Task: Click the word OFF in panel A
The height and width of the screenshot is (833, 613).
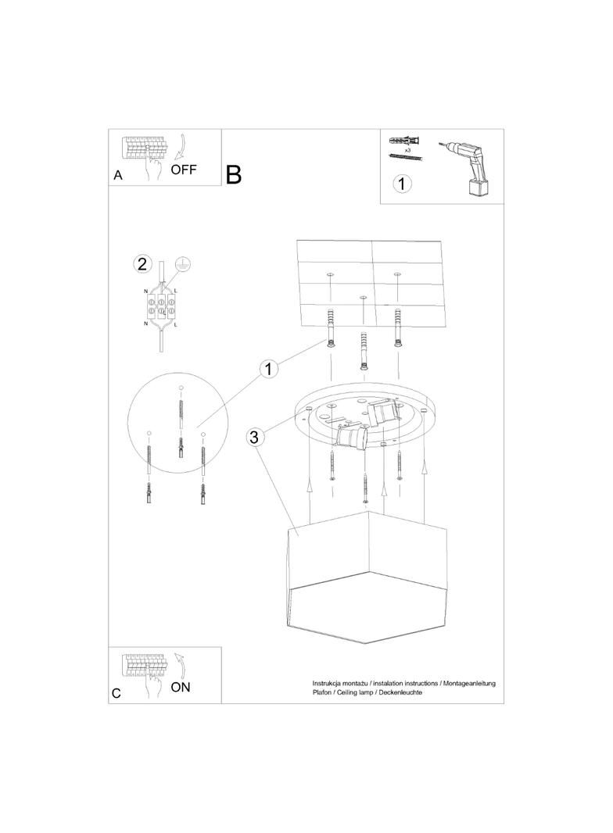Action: pos(184,170)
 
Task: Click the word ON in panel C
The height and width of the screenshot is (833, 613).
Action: pos(181,687)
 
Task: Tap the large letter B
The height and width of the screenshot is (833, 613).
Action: pos(234,175)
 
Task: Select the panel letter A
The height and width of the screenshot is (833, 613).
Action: pos(118,175)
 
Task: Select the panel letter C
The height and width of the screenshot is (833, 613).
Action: pos(117,694)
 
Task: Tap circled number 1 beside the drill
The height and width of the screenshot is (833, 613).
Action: pos(402,184)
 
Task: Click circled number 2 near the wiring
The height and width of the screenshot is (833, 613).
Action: pos(142,264)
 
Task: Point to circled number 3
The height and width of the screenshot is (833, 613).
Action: pos(254,437)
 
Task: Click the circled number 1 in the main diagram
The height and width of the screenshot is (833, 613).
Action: pos(268,369)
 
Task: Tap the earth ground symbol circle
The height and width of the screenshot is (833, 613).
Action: pos(182,263)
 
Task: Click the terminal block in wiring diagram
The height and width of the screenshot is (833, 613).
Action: pos(162,306)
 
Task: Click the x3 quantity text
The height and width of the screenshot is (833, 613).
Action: pos(408,151)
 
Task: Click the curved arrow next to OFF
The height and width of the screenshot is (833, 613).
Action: pos(180,147)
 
